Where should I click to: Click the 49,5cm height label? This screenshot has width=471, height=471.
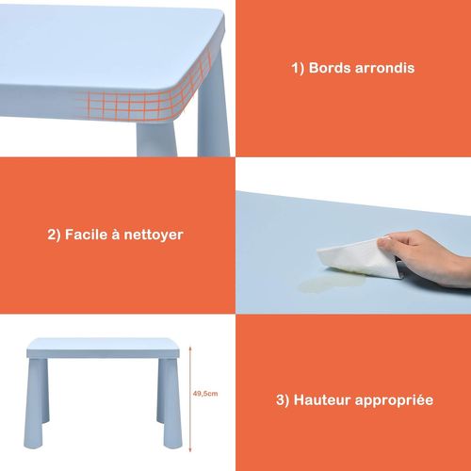(203, 396)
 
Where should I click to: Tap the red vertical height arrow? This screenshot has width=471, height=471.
(190, 396)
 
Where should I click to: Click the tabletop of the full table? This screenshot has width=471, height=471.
(104, 348)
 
